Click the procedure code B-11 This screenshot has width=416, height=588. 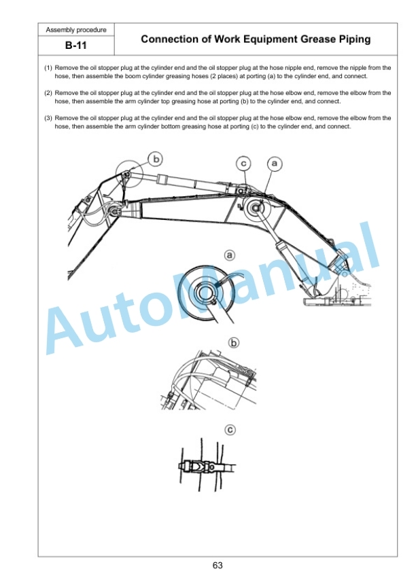[76, 45]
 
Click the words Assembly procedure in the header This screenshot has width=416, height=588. [76, 30]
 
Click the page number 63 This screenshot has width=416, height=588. [218, 566]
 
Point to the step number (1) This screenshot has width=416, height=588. [48, 68]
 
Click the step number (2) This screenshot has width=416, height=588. [48, 93]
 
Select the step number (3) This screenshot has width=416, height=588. [48, 118]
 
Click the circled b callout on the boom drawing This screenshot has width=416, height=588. [156, 160]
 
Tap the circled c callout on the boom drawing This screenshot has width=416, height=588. [243, 164]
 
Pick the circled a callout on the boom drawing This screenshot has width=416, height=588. [275, 164]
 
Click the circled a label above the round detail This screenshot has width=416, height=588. [229, 256]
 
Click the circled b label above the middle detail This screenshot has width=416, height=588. [234, 343]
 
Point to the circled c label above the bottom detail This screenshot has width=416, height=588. [230, 430]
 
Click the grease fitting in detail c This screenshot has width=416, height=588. [196, 467]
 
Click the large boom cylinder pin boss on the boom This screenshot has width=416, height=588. [257, 209]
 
